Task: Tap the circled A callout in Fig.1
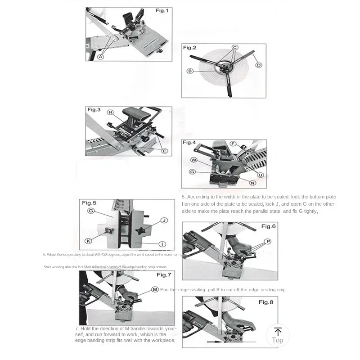tap(101, 57)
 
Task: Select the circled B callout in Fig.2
tap(190, 71)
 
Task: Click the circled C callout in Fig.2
tap(234, 47)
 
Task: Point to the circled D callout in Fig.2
tap(258, 65)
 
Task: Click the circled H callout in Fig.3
tap(111, 112)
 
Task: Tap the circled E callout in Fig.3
tap(164, 151)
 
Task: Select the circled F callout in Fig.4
tap(233, 144)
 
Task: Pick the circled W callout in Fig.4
tap(194, 160)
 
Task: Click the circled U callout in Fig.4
tap(260, 175)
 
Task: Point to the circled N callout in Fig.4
tap(252, 183)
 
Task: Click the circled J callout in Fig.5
tap(164, 220)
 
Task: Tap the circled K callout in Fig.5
tap(88, 241)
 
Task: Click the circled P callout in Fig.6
tap(268, 242)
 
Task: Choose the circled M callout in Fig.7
tap(155, 289)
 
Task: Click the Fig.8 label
tap(265, 302)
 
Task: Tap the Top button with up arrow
tap(278, 336)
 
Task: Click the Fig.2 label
tap(189, 47)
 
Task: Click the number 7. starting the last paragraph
tap(77, 329)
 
